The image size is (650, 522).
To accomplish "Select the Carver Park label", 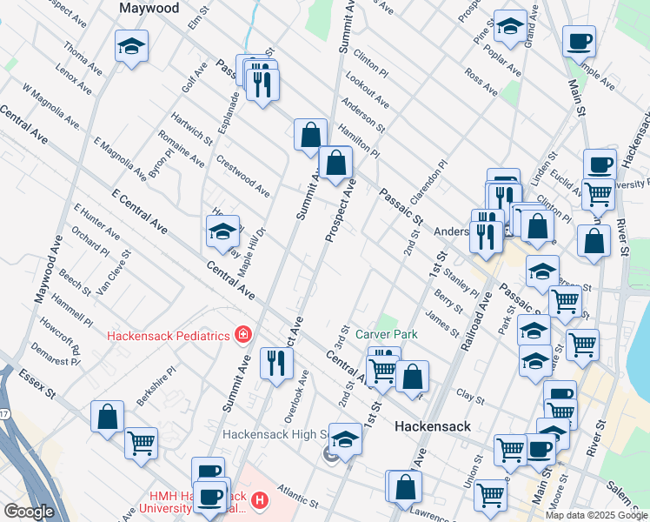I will (387, 334).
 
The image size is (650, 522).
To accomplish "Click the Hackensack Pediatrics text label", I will (169, 336).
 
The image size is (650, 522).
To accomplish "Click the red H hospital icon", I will (258, 501).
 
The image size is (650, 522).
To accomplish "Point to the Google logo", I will (28, 512).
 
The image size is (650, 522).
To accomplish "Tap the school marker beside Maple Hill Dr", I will (222, 232).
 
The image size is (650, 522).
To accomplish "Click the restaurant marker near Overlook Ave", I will (276, 363).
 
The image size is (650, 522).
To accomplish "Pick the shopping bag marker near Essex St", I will (107, 416).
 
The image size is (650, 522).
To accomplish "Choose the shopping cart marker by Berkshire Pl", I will (141, 444).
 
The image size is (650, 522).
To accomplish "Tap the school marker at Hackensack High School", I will (345, 439).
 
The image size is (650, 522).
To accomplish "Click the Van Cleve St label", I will (114, 273).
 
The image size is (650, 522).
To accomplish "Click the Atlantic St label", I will (298, 499).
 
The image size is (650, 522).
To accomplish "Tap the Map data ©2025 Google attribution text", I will (596, 515).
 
